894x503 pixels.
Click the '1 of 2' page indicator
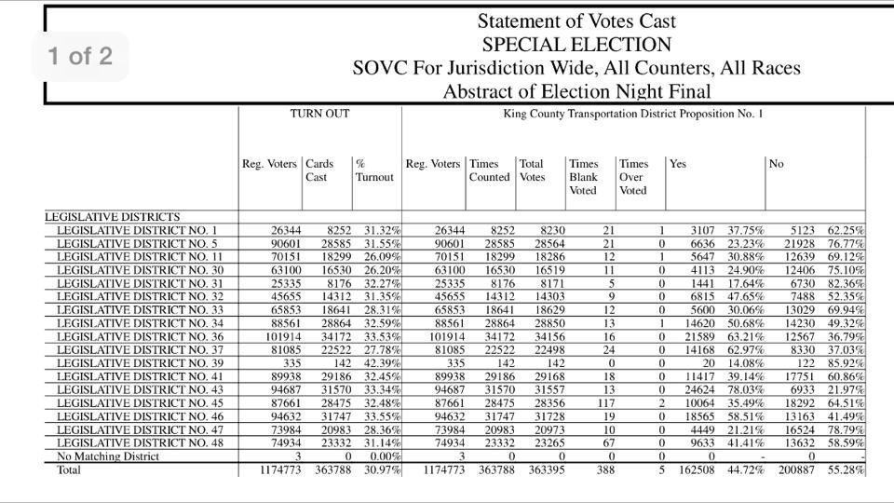(x=80, y=56)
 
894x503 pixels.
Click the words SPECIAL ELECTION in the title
(x=576, y=45)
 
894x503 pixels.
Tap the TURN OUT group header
(x=319, y=115)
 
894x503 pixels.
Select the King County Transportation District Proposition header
(x=632, y=115)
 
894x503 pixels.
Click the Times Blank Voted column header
(x=584, y=177)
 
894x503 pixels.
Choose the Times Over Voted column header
(x=634, y=177)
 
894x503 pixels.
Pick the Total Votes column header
(x=532, y=170)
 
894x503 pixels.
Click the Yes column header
(x=678, y=164)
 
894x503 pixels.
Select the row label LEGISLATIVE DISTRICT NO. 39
(x=137, y=362)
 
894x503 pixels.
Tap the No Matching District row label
(x=108, y=457)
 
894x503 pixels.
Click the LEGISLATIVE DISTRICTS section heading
(x=113, y=217)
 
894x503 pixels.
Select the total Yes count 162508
(x=695, y=470)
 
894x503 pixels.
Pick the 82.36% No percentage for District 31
(x=846, y=283)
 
